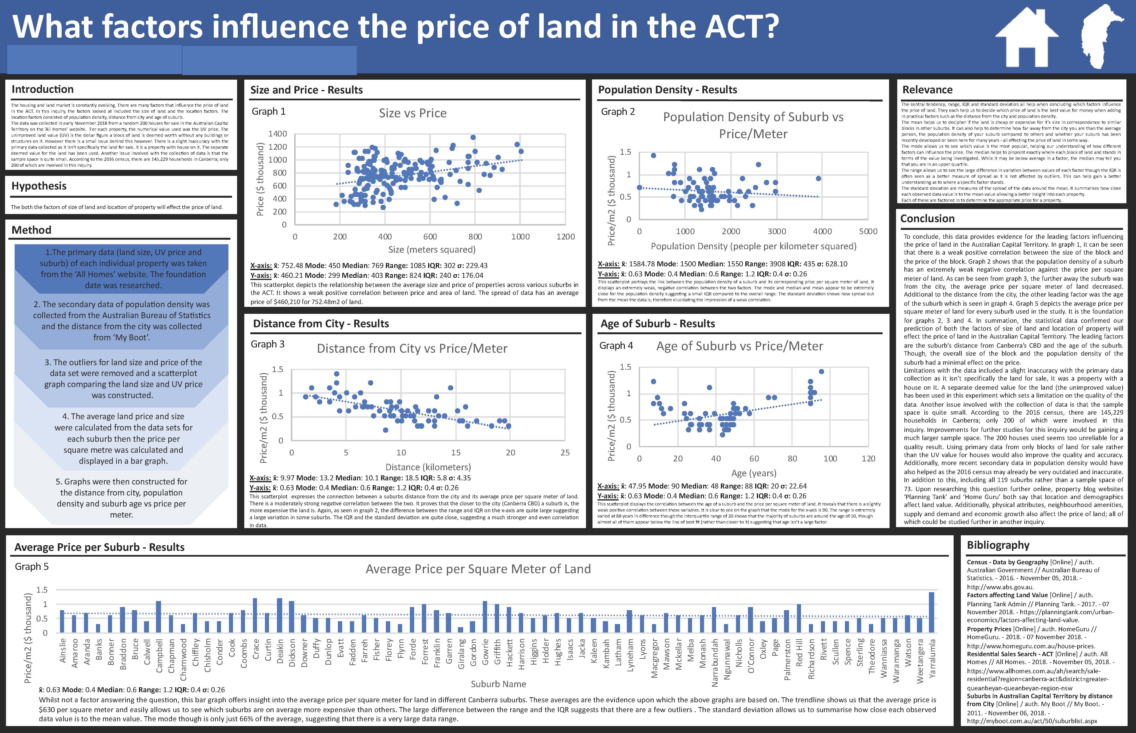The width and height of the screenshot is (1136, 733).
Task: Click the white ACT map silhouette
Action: (x=1100, y=45)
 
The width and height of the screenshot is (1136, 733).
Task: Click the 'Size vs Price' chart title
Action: (x=413, y=113)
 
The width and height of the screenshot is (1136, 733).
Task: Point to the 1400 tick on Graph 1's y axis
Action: (x=277, y=134)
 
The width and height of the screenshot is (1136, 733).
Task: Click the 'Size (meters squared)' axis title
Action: (x=432, y=249)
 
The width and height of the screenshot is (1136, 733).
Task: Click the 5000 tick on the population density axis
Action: (x=868, y=231)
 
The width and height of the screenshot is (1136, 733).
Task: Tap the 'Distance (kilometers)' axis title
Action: (x=428, y=467)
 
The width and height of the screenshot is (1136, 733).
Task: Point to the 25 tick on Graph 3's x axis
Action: (x=565, y=453)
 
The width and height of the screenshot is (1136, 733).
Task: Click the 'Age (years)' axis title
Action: (x=754, y=473)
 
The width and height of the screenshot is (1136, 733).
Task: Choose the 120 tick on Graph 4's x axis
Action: (x=868, y=458)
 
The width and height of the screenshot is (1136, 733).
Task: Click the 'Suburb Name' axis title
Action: (x=498, y=684)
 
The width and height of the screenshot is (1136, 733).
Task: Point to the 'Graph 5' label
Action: (x=31, y=566)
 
